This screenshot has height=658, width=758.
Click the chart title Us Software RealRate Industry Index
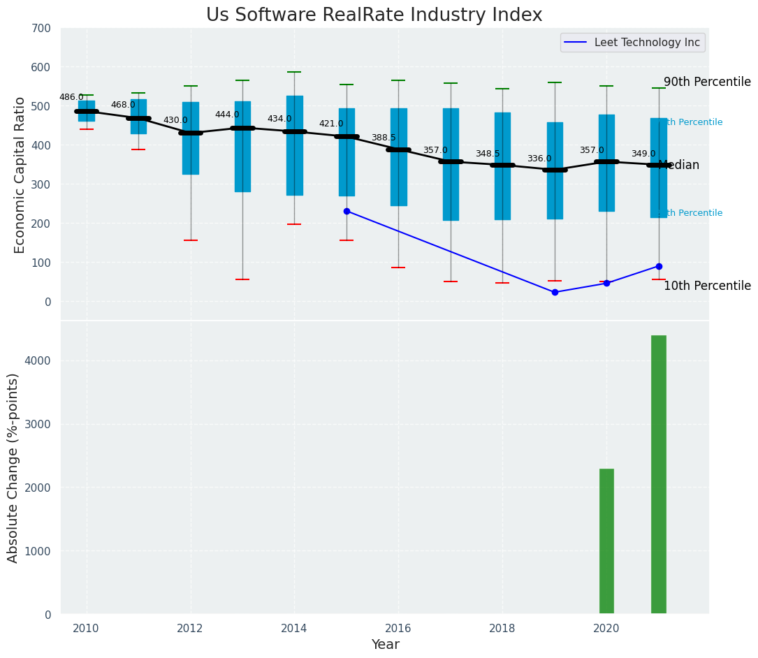[374, 15]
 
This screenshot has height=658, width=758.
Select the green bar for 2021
[658, 474]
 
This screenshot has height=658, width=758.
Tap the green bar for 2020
[606, 541]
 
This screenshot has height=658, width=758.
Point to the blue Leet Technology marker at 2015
[347, 211]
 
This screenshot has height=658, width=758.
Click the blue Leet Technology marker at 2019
[555, 292]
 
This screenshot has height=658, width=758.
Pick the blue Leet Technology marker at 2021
[659, 266]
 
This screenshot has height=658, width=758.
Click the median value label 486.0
[71, 97]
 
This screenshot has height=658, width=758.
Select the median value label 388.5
[384, 138]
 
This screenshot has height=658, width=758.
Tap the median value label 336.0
[539, 159]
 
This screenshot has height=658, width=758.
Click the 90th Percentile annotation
[707, 82]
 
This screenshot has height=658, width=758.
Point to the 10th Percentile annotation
[707, 286]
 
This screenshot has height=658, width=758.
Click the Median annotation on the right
[679, 166]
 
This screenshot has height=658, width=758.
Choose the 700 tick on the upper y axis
[41, 28]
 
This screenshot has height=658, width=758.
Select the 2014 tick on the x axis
[294, 628]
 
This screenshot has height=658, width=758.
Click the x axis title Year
[385, 645]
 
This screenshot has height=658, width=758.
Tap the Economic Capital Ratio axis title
[20, 175]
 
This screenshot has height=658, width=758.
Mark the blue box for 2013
[242, 147]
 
